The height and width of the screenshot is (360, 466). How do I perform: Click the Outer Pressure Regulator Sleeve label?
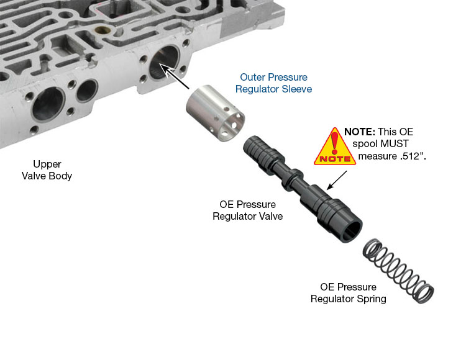(274, 83)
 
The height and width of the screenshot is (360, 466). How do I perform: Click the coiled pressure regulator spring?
(398, 271)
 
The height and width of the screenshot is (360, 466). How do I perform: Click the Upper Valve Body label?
(47, 170)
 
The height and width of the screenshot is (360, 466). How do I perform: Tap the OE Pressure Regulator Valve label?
(247, 210)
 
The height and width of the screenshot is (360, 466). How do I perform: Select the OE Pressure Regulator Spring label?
(349, 292)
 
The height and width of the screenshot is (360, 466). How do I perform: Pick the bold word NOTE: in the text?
(360, 132)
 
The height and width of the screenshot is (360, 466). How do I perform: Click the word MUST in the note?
(395, 144)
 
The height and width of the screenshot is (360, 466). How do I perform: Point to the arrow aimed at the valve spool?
(337, 180)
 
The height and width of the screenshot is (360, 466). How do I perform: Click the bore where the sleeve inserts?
(164, 62)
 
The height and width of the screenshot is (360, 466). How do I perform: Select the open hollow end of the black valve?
(352, 230)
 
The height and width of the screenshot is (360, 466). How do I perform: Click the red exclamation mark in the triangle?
(335, 143)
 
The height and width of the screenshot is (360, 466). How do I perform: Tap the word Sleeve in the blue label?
(297, 89)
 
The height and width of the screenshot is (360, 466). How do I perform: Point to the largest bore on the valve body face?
(48, 104)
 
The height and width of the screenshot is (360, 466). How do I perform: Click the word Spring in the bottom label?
(372, 299)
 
